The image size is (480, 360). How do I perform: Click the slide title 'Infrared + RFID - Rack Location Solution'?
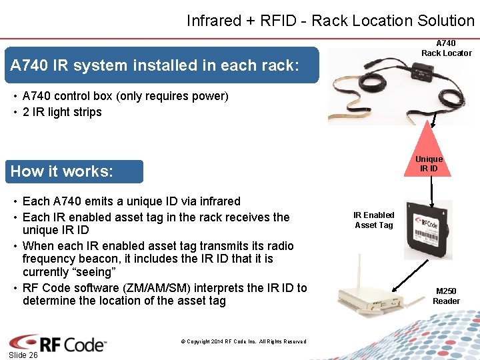click(330, 21)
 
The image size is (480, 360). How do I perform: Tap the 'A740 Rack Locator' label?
click(446, 48)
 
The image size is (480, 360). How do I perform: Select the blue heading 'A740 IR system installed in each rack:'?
click(155, 65)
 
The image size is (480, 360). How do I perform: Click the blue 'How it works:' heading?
click(62, 171)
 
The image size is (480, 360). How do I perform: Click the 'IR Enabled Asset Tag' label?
click(373, 220)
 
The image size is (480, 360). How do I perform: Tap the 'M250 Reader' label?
click(446, 296)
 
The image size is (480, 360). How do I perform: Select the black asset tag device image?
click(431, 229)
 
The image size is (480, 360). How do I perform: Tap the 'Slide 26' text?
click(23, 355)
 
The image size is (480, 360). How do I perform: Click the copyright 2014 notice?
click(243, 341)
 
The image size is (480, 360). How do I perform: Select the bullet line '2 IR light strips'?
click(62, 112)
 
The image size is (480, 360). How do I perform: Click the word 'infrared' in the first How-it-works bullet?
click(216, 201)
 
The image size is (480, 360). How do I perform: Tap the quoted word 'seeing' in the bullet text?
click(94, 272)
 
